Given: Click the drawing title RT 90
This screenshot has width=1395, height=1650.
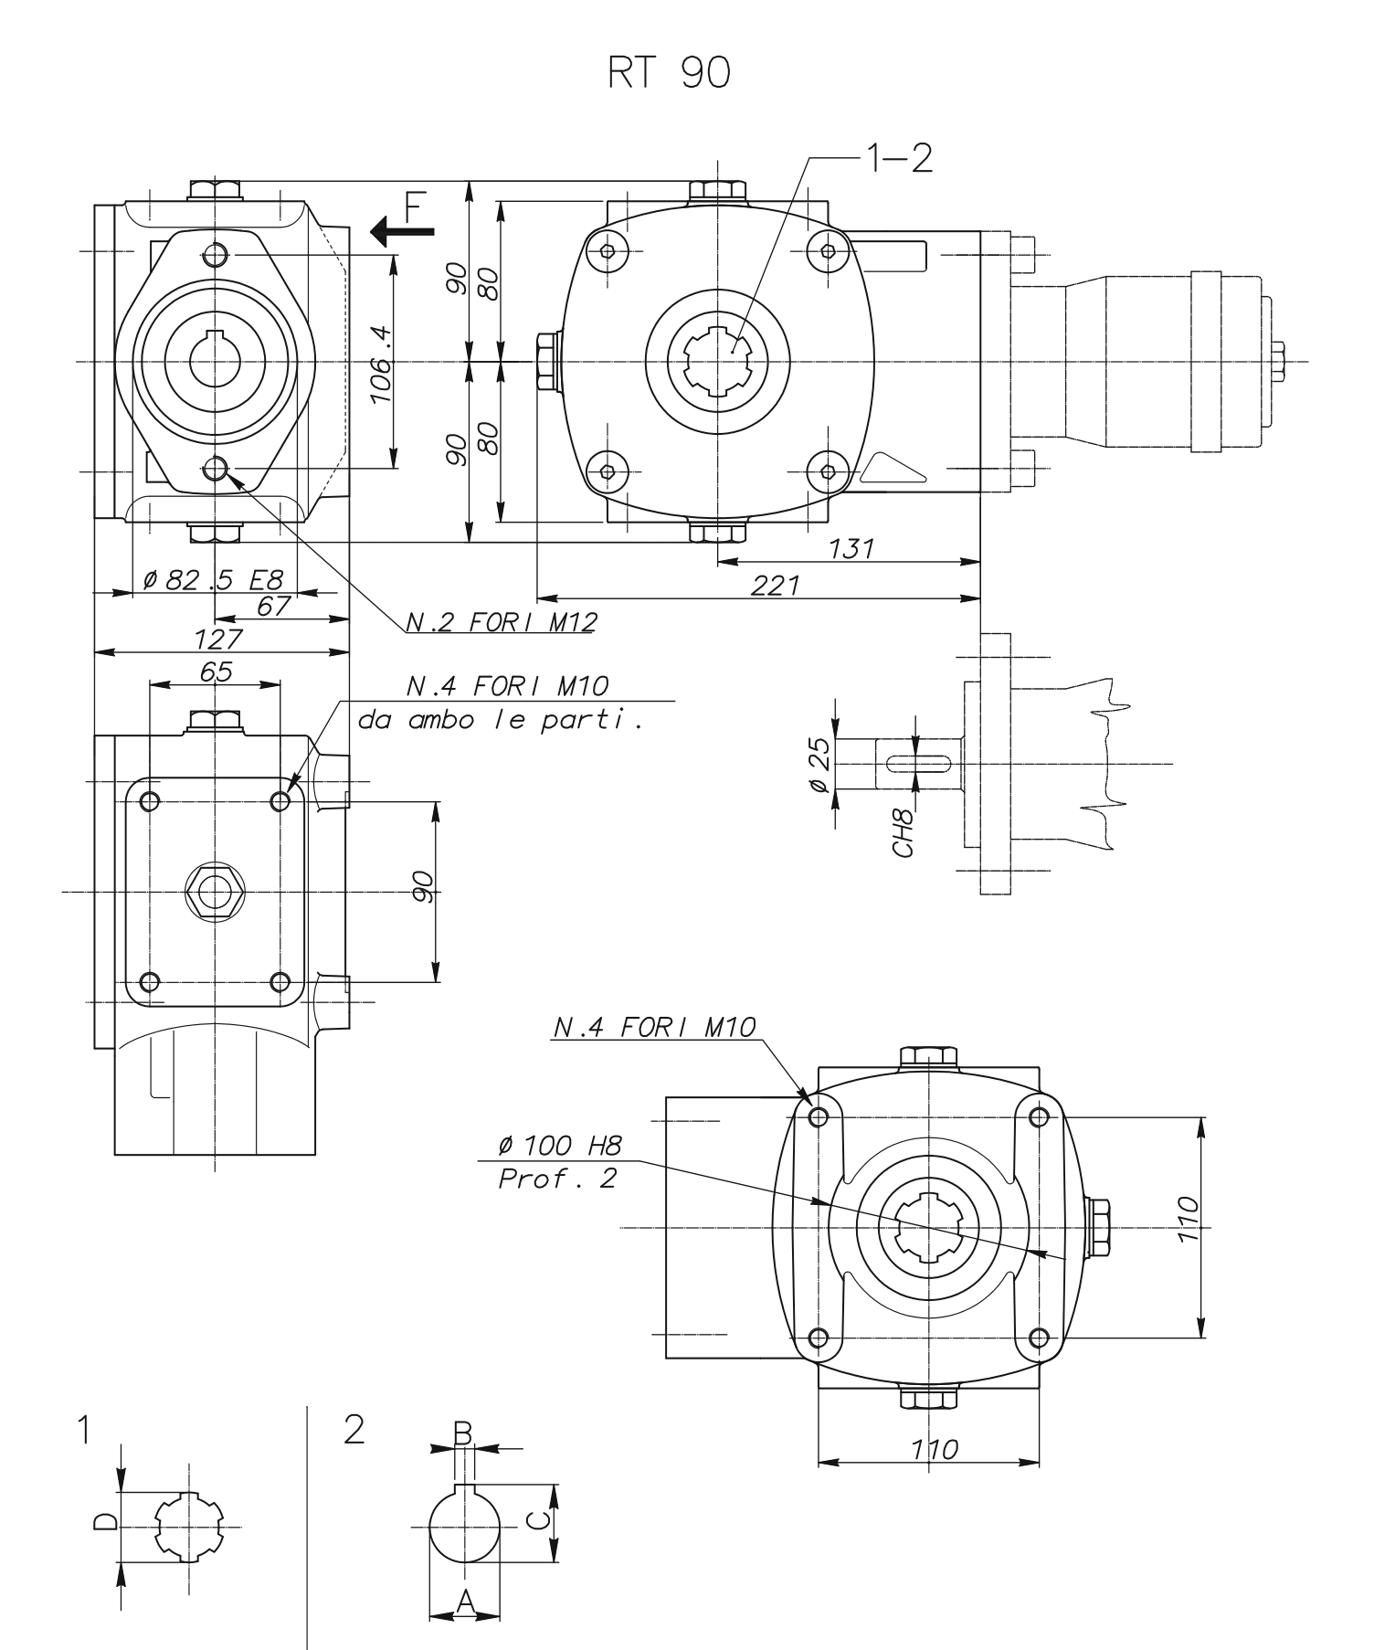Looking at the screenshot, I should coord(669,75).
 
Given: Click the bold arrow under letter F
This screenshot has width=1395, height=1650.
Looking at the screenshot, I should coord(403,232).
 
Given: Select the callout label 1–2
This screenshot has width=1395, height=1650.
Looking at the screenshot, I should coord(899,159).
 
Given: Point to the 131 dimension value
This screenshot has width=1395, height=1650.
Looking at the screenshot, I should coord(851,549).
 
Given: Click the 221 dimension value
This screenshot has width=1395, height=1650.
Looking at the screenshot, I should coord(775,586).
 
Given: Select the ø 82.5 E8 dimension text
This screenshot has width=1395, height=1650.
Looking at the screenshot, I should coord(214,579).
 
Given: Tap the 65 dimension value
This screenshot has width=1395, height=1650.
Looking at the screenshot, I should coord(216,672).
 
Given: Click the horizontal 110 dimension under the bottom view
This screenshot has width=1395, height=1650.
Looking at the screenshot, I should coord(934,1449).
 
